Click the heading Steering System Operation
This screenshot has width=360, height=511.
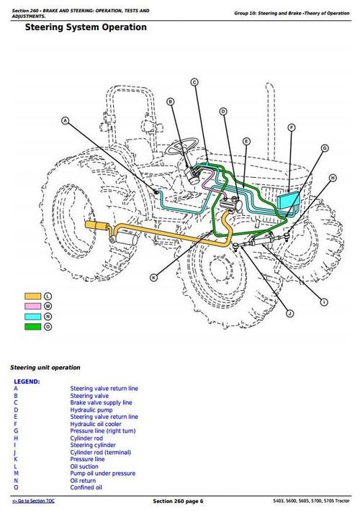[86, 27]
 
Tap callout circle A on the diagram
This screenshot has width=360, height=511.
[66, 121]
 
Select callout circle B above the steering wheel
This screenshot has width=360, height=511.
[171, 102]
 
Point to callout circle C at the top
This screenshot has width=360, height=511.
[194, 83]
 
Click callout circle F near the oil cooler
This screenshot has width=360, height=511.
[292, 127]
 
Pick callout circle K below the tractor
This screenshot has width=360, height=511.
[153, 277]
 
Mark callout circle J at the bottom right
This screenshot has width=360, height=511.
[289, 313]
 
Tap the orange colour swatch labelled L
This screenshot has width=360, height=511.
[32, 296]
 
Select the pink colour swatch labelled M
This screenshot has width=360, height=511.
[32, 306]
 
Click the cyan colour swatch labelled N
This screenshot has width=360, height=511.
[32, 316]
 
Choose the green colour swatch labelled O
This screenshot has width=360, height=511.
[32, 326]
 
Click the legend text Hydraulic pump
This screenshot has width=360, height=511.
[89, 410]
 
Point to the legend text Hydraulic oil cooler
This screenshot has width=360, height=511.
[96, 424]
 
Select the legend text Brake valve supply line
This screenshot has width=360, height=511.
[101, 403]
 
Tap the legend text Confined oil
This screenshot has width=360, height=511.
[86, 487]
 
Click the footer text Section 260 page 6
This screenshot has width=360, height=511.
[179, 501]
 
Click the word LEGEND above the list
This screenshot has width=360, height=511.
[27, 381]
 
